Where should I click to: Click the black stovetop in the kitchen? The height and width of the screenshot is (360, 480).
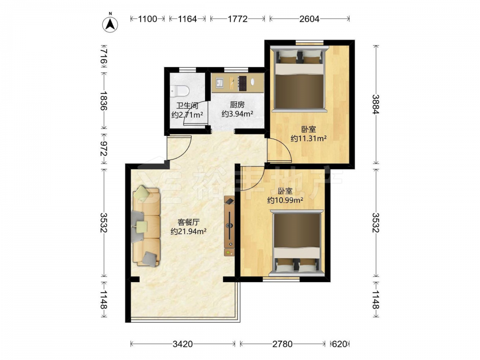[x=242, y=83]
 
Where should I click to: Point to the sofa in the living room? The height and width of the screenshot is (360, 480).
[x=146, y=227]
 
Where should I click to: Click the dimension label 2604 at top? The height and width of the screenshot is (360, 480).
[x=309, y=19]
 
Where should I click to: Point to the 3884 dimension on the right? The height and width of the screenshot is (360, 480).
[x=376, y=104]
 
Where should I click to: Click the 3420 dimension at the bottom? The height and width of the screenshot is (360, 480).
[x=183, y=344]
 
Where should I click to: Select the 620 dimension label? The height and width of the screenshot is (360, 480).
[x=339, y=344]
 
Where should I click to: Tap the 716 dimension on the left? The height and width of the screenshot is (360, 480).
[x=104, y=57]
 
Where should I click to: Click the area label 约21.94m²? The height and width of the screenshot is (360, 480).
[x=189, y=231]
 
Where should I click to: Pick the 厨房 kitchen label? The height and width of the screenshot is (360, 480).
[x=237, y=105]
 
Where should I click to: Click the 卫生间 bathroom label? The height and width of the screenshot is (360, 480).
[x=187, y=106]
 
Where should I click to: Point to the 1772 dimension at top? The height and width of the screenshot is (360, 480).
[x=238, y=19]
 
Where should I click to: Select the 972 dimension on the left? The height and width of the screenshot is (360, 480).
[x=104, y=149]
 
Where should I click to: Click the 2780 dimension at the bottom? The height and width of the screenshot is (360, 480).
[x=282, y=344]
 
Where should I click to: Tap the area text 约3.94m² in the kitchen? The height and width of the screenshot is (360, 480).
[x=237, y=114]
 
